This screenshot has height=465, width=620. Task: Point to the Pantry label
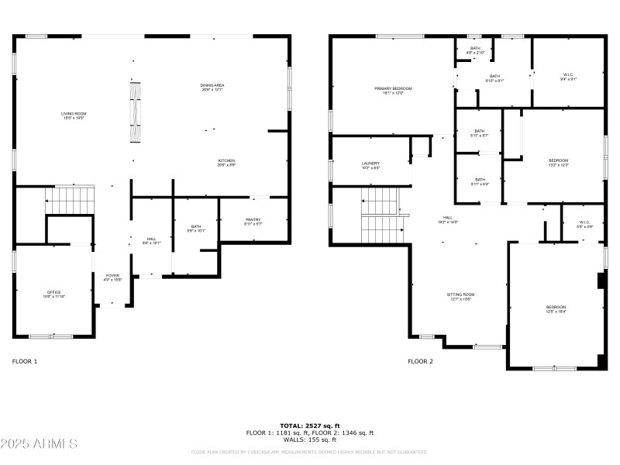253,222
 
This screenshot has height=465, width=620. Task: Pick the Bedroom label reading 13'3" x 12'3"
558,162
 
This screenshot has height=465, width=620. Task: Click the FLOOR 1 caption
25,361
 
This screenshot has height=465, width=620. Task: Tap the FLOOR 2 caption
421,361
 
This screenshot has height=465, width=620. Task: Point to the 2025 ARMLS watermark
39,444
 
